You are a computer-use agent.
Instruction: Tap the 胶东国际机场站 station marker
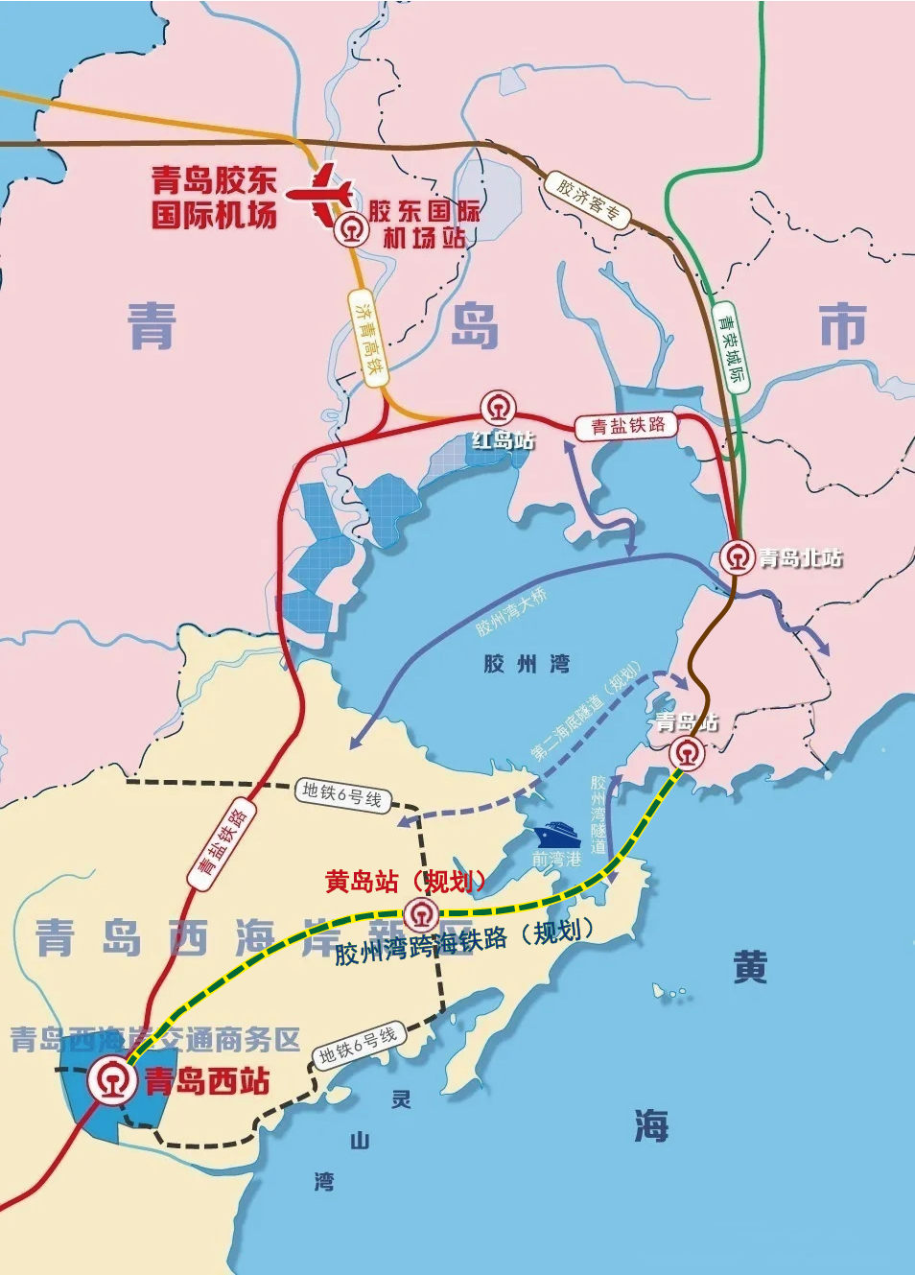[x=350, y=231]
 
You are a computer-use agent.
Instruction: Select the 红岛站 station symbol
[x=498, y=409]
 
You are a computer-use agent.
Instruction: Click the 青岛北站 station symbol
[x=737, y=557]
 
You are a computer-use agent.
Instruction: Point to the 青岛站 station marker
[x=686, y=753]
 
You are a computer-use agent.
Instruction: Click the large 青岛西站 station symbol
[x=113, y=1080]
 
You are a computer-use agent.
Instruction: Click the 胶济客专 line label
[x=588, y=200]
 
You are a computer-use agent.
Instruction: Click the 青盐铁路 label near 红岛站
[x=627, y=425]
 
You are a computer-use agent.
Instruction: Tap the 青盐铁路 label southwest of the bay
[x=223, y=841]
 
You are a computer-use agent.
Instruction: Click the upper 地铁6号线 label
[x=341, y=794]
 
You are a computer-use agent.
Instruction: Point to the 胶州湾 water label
[x=527, y=664]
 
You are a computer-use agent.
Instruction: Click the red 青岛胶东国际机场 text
[x=214, y=197]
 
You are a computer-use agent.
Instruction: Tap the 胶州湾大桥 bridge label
[x=511, y=612]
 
